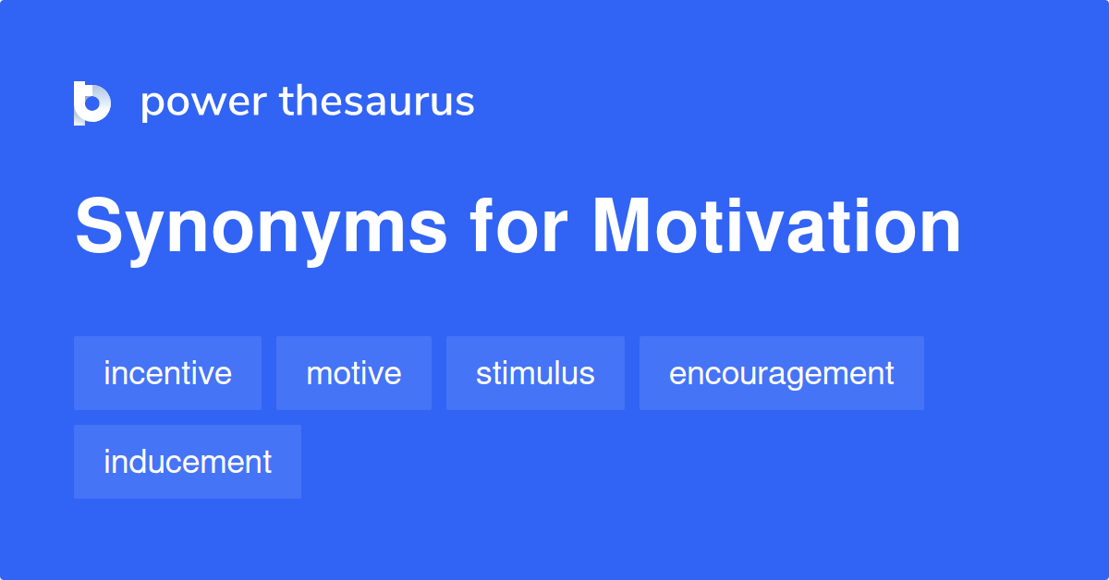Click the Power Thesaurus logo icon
click(92, 103)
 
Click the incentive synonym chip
click(167, 373)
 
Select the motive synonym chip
click(354, 373)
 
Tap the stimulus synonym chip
click(535, 373)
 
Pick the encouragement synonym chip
click(781, 373)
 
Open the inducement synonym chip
click(188, 462)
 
